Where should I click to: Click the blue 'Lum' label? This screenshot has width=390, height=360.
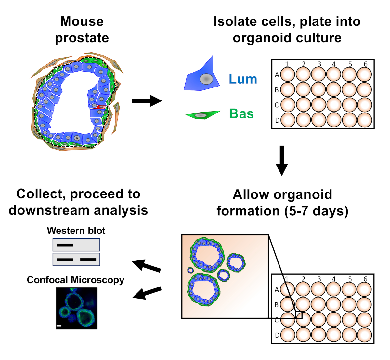(x=243, y=79)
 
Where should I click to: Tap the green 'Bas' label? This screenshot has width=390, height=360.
(x=241, y=114)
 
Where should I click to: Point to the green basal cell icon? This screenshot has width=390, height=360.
(x=202, y=115)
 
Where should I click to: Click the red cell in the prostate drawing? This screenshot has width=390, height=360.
(x=101, y=107)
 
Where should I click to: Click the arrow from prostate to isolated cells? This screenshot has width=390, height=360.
(x=147, y=101)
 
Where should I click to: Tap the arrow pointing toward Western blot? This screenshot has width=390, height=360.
(x=147, y=265)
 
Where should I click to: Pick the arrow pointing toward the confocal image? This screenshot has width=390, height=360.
(x=147, y=293)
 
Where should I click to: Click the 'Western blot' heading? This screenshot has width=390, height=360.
(x=76, y=231)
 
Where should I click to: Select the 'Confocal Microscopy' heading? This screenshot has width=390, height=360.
(x=75, y=280)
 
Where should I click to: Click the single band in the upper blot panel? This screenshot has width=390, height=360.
(x=65, y=245)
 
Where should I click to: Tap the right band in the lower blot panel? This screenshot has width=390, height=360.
(x=88, y=260)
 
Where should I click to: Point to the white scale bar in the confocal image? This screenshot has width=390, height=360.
(x=59, y=325)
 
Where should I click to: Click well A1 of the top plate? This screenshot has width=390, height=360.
(x=287, y=74)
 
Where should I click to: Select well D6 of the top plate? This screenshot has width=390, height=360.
(x=364, y=120)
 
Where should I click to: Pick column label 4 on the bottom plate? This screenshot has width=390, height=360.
(x=334, y=279)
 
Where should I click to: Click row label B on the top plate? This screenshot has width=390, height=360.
(x=277, y=90)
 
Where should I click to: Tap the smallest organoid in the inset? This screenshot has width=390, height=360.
(x=190, y=270)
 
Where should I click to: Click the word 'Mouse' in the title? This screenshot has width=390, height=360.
(x=82, y=21)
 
